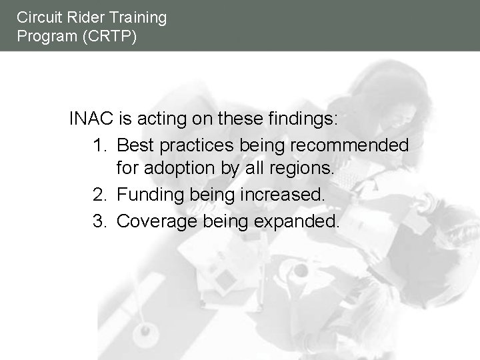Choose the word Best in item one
pyautogui.click(x=135, y=145)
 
